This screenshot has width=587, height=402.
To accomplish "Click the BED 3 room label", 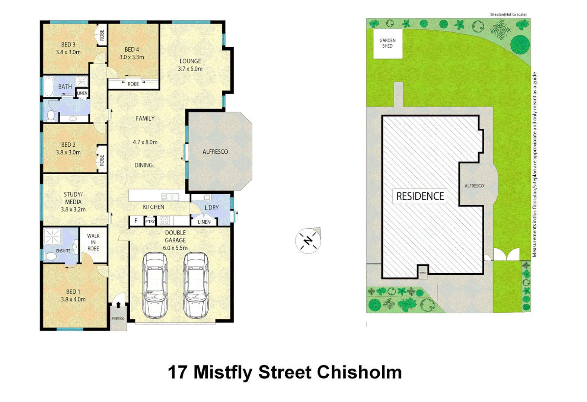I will click(x=68, y=48).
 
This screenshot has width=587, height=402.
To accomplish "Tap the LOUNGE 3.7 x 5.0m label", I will click(x=190, y=65).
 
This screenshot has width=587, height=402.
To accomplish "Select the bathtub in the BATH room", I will click(x=49, y=87).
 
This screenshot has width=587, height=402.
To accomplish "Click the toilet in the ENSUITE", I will click(x=50, y=256).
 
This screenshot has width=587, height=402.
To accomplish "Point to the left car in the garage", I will click(x=155, y=285).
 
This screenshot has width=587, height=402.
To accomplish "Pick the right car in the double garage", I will click(x=196, y=285).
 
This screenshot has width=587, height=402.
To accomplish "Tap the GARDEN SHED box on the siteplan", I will click(x=387, y=44).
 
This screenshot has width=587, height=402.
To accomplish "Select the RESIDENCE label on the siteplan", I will click(x=420, y=196).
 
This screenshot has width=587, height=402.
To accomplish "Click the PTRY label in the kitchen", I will click(x=150, y=221).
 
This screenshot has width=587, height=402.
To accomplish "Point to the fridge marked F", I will click(x=136, y=221).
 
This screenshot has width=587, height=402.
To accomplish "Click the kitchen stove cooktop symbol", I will click(x=165, y=221).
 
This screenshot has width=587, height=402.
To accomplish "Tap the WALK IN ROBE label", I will click(x=93, y=242).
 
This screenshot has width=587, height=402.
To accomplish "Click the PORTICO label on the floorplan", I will click(x=118, y=319).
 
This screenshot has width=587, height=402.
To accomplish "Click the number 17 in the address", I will click(x=178, y=372).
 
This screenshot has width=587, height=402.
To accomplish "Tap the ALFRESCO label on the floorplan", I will click(x=215, y=152).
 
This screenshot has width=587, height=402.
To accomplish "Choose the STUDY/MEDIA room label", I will click(x=73, y=202).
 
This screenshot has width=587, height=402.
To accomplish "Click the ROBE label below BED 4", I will click(x=133, y=84).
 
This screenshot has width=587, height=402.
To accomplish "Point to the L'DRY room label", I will click(x=211, y=208).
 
